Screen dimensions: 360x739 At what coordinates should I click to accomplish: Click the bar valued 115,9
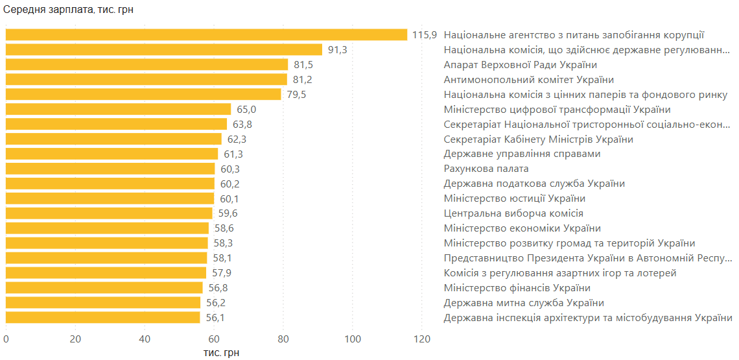206,35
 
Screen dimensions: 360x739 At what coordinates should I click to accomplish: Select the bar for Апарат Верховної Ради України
147,65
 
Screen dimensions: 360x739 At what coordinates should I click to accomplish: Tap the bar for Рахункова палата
110,169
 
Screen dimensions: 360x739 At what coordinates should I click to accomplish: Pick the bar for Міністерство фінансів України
104,288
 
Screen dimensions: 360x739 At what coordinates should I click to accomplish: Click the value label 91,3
337,50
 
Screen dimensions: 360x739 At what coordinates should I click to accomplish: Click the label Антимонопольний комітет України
528,80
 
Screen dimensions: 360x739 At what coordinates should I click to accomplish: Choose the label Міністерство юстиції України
514,198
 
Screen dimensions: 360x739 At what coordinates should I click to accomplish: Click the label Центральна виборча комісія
513,213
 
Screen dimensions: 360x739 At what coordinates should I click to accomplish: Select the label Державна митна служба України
524,303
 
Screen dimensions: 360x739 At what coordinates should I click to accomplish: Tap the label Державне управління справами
522,154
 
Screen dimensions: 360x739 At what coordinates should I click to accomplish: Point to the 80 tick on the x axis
283,339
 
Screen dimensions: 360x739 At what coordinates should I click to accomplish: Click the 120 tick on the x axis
422,339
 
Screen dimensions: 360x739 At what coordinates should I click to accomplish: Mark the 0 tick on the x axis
6,339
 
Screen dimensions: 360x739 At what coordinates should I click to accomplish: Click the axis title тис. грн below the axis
222,352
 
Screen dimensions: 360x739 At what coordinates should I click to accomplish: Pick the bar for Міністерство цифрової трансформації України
119,110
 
